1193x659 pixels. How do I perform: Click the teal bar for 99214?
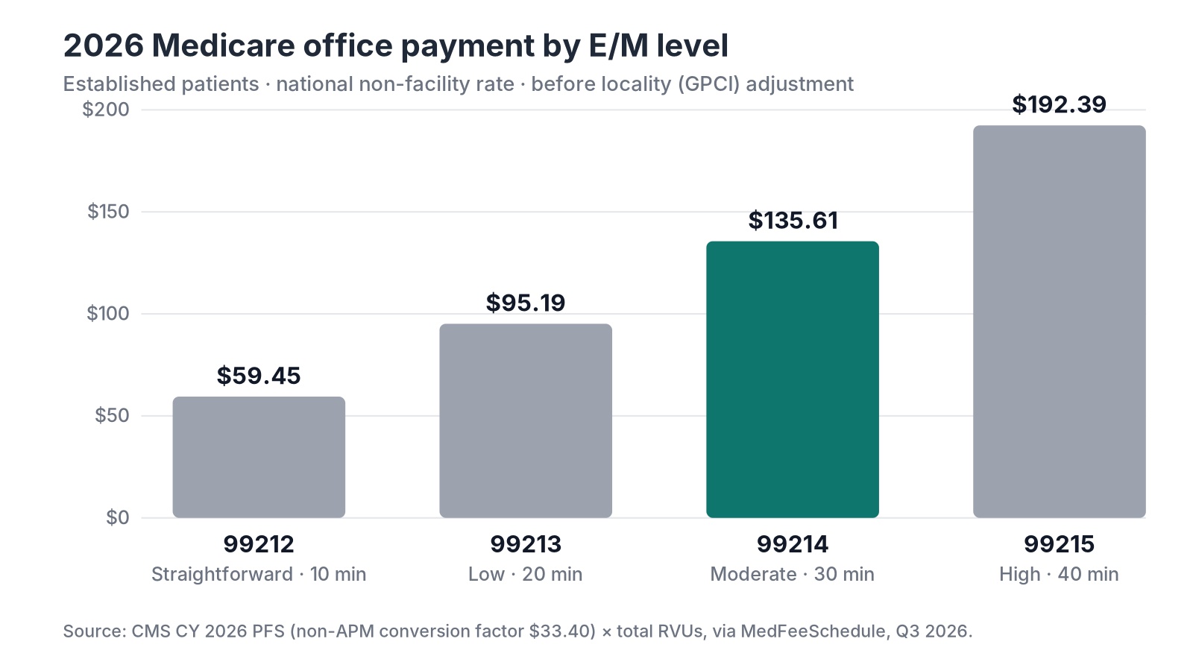[x=793, y=379]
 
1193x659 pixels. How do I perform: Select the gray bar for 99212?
[x=259, y=457]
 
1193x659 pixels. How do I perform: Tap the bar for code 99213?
[x=526, y=420]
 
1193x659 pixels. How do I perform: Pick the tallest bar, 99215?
[x=1060, y=321]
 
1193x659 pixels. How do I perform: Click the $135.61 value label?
[x=793, y=221]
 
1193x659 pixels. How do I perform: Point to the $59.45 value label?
[x=259, y=376]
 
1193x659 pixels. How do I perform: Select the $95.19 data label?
[x=526, y=303]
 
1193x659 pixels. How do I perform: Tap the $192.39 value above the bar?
[x=1060, y=104]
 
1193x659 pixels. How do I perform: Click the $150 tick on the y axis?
[x=108, y=211]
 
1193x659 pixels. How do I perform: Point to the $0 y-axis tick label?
[x=118, y=517]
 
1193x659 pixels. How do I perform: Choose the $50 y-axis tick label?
[x=112, y=415]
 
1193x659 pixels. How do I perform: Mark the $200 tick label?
[x=106, y=109]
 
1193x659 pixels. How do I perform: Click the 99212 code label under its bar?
[x=259, y=544]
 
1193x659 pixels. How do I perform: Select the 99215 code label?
[x=1060, y=544]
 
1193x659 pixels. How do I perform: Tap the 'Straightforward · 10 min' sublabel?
[x=259, y=574]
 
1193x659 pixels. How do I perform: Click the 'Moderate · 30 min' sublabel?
[x=793, y=574]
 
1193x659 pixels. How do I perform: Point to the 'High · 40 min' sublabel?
[x=1060, y=574]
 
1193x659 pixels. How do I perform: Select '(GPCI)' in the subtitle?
[x=708, y=84]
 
